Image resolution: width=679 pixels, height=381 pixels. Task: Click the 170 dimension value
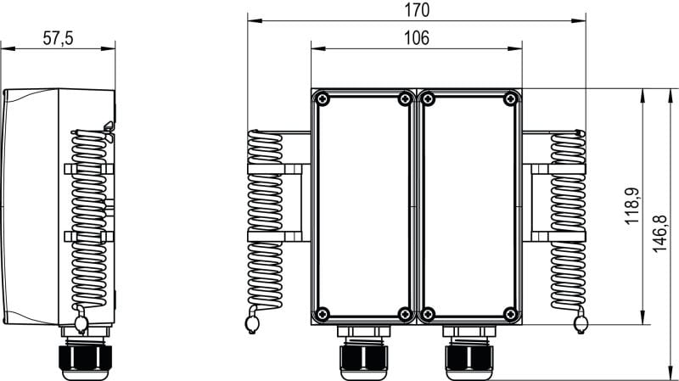coord(417,10)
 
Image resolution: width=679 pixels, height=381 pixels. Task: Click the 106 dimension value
coord(417,38)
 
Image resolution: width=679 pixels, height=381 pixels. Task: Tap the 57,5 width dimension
coord(58,38)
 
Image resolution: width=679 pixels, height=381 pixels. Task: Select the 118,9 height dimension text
coord(632,206)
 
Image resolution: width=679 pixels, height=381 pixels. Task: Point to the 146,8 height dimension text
coord(659,234)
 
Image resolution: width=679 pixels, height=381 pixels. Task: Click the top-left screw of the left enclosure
coord(323,99)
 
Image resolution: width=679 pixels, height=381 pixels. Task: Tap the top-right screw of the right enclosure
coord(511,99)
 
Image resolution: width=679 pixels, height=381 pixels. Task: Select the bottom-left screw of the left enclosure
coord(323,314)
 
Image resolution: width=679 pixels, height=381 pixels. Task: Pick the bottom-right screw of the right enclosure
coord(511,314)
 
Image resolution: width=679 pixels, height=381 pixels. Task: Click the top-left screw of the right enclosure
coord(428,99)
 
